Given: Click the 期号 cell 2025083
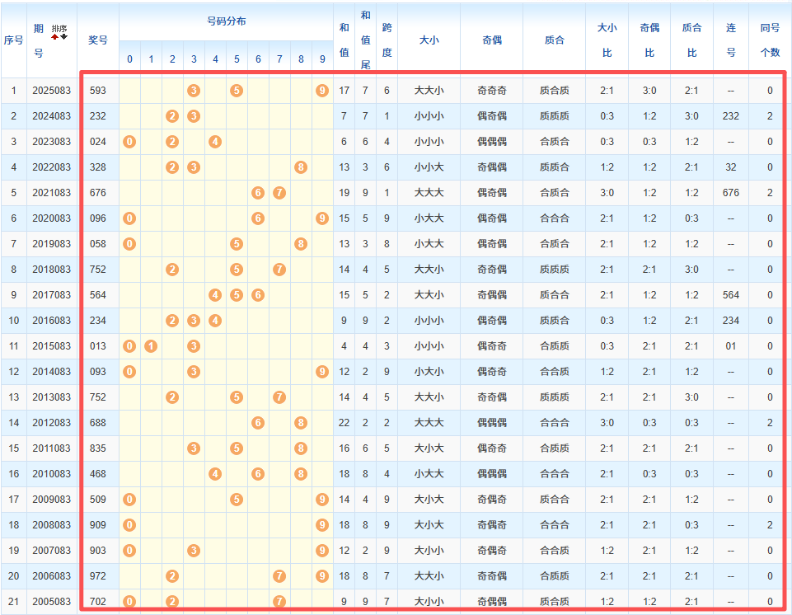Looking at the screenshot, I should [52, 90].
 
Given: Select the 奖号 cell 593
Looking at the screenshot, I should [98, 90].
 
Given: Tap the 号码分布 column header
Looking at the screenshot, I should [226, 21].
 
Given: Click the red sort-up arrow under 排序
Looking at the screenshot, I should [55, 36].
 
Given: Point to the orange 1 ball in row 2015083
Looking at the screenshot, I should [151, 345].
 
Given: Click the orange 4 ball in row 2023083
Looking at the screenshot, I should [215, 141].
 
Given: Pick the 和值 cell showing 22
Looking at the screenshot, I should [344, 423].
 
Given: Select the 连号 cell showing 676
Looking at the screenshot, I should [730, 192].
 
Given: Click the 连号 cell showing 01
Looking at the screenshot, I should [730, 345].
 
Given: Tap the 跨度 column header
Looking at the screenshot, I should [387, 40].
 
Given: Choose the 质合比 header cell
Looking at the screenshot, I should [691, 40].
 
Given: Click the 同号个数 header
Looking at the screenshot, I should [770, 40].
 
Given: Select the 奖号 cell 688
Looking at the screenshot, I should [98, 423].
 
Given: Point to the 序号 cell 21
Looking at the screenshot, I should [13, 602].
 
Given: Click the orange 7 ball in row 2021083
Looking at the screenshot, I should [279, 192].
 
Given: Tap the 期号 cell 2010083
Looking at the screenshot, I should [52, 474].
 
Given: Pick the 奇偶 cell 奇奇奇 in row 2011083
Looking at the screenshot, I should [491, 448].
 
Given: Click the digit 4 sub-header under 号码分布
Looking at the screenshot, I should [215, 59].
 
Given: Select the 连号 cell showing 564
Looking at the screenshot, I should [730, 294].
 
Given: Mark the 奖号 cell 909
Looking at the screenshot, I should [98, 525].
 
